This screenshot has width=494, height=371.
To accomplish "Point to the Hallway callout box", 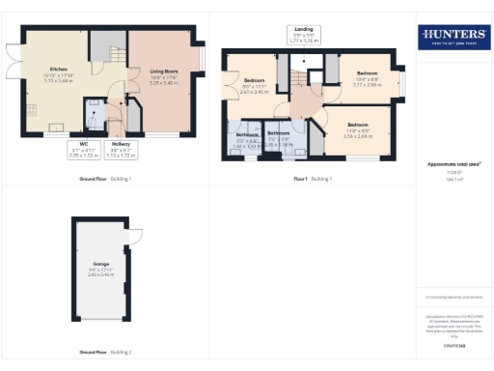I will [122, 150].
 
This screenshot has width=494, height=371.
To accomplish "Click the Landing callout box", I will [302, 35].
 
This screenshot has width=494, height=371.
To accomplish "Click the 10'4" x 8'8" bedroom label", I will [368, 77].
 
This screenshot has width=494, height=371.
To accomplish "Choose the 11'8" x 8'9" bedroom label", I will [358, 128].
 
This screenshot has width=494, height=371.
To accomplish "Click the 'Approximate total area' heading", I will [453, 164].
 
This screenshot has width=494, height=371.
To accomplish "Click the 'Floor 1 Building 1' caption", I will [312, 180].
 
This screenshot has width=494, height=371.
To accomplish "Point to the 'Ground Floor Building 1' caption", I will [105, 180].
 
